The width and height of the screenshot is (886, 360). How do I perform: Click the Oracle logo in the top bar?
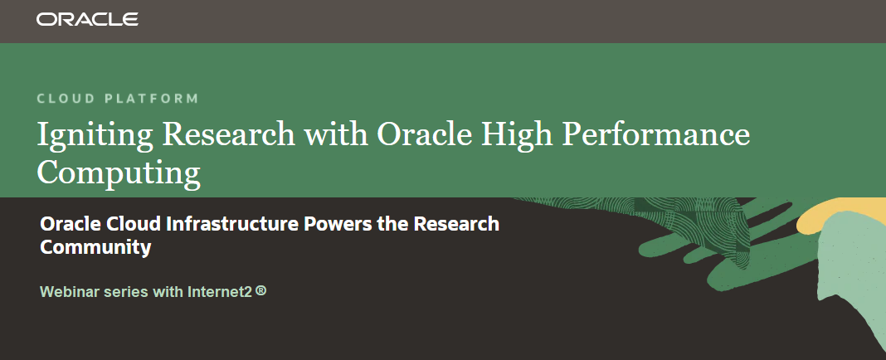tap(87, 19)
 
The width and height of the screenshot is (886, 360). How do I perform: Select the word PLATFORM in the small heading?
tap(152, 99)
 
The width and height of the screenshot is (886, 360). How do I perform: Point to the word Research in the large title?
tap(229, 134)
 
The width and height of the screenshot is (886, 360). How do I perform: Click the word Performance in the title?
tap(656, 134)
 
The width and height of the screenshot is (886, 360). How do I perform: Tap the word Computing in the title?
tap(119, 173)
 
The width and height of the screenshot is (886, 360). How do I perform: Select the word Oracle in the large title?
tap(424, 134)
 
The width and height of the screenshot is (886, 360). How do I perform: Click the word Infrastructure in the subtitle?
tap(232, 224)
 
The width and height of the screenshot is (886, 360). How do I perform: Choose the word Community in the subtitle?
tap(95, 247)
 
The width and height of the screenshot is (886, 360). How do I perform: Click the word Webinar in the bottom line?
tap(70, 292)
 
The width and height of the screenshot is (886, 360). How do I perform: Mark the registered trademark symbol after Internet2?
tap(260, 291)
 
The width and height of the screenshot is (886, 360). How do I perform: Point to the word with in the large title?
tap(336, 134)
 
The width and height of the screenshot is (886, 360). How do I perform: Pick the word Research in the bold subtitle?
tap(456, 224)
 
